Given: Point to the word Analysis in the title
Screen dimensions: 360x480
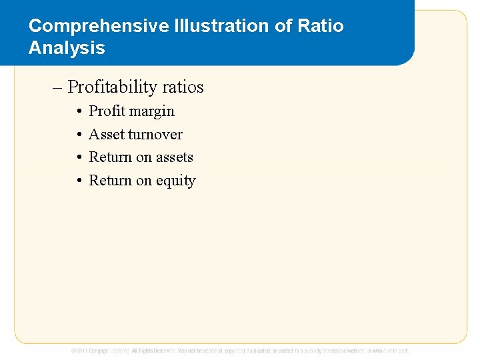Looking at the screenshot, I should click(x=67, y=48).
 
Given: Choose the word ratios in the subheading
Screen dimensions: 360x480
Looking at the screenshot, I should click(x=184, y=87).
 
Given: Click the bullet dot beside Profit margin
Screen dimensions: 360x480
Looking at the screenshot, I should click(x=79, y=112).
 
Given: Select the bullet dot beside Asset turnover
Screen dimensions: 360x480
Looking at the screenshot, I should click(x=79, y=135).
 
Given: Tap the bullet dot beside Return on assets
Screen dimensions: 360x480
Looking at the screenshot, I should click(x=79, y=158).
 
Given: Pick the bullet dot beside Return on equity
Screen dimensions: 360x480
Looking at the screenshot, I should click(x=79, y=181).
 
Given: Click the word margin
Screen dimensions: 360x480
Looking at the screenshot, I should click(x=153, y=111).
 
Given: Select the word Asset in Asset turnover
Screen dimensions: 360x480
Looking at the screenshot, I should click(x=107, y=135).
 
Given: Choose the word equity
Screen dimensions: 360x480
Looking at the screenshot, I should click(x=175, y=181).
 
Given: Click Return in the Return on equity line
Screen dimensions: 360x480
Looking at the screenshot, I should click(x=111, y=181).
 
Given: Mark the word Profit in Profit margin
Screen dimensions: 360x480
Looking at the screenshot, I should click(x=108, y=111).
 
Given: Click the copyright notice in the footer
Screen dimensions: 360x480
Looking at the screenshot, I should click(x=240, y=351).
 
